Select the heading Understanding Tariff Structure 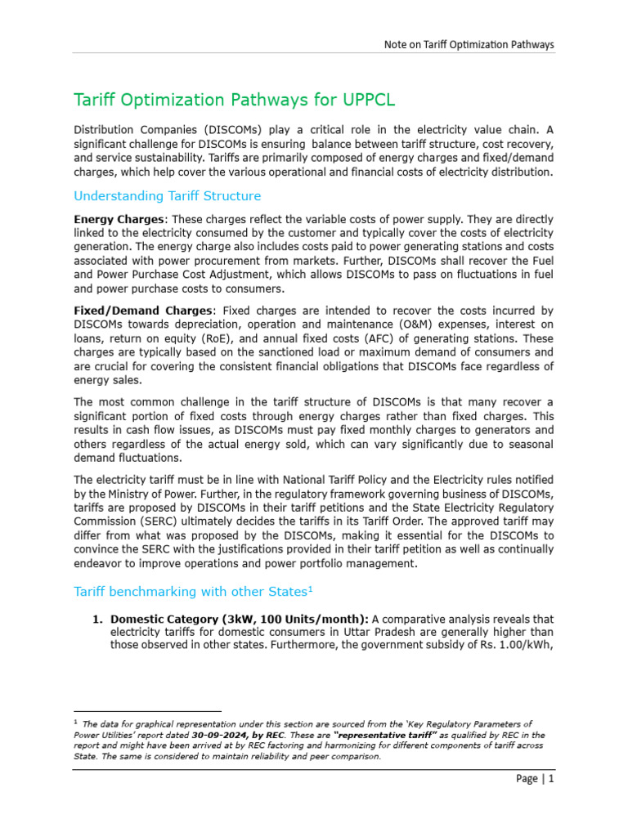(167, 196)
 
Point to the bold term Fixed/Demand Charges (142, 311)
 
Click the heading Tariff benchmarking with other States (193, 590)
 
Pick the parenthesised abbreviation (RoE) (259, 338)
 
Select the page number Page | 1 (535, 779)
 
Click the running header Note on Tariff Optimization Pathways (469, 44)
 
